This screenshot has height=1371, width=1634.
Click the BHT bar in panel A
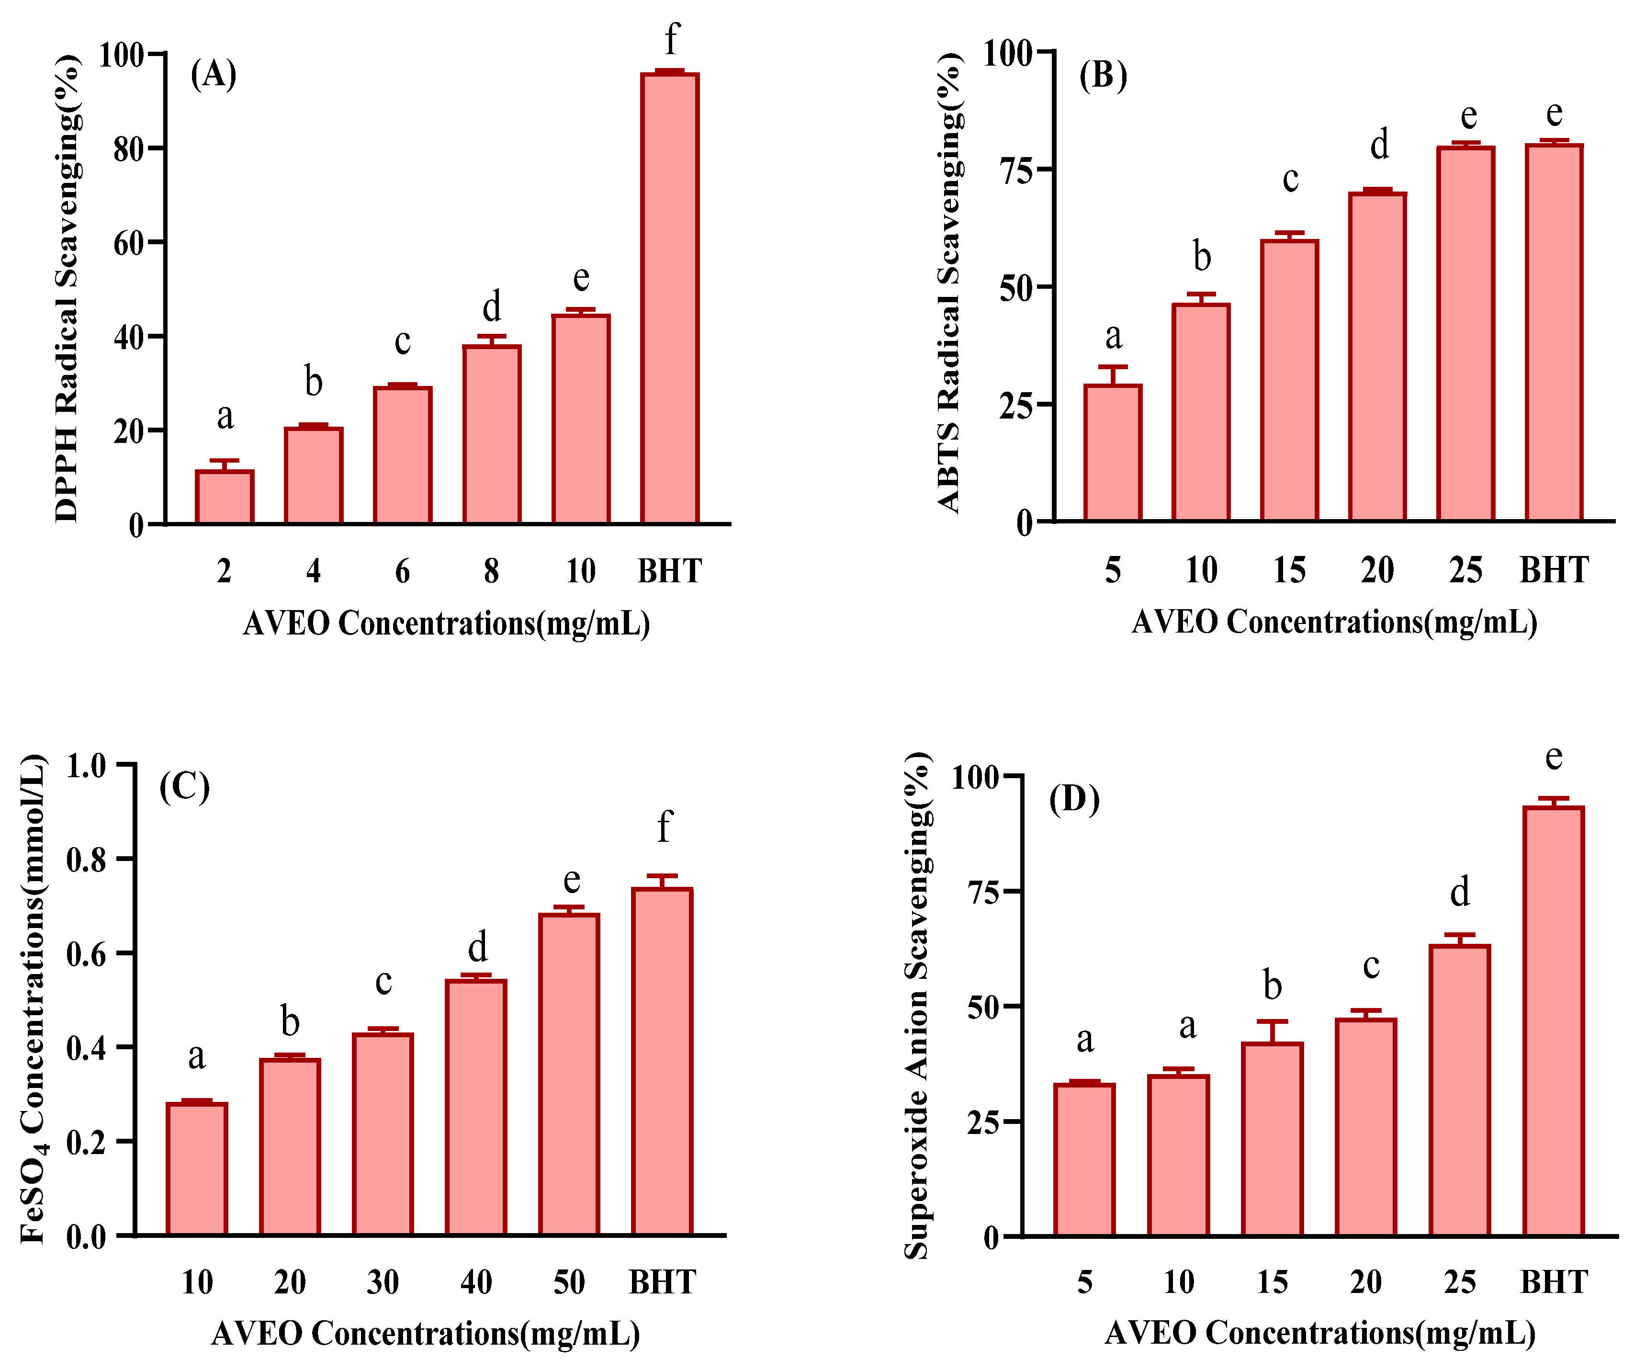click(x=669, y=300)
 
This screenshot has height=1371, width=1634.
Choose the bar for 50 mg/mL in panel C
click(x=569, y=1074)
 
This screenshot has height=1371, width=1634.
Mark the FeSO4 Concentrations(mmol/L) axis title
click(x=33, y=1000)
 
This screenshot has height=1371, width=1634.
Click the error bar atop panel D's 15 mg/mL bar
click(x=1272, y=1032)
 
